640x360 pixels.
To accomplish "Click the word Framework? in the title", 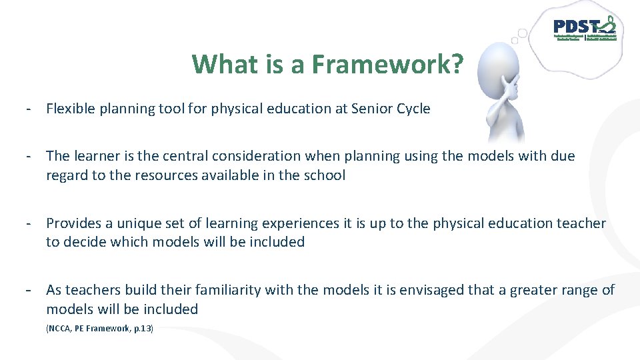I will click(x=386, y=64).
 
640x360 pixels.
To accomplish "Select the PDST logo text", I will click(x=576, y=27).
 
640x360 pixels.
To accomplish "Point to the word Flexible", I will click(x=70, y=109).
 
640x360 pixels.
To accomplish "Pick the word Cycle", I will click(x=414, y=109).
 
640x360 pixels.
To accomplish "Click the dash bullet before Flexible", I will click(x=30, y=109).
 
